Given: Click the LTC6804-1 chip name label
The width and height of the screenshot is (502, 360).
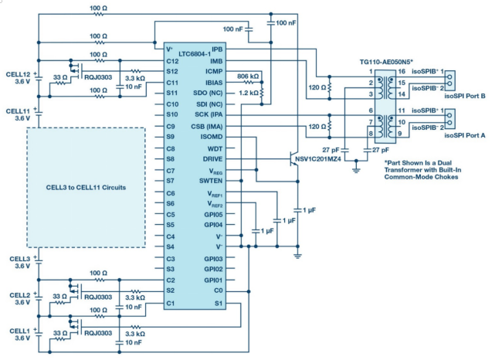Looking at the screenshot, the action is pyautogui.click(x=195, y=54).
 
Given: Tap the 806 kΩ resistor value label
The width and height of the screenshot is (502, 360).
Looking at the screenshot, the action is pyautogui.click(x=248, y=76).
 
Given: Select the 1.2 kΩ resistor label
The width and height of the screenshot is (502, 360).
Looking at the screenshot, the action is pyautogui.click(x=249, y=93).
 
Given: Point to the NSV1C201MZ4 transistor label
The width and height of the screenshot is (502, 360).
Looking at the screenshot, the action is pyautogui.click(x=318, y=159).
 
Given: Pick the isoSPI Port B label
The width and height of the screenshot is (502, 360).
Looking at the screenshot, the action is pyautogui.click(x=464, y=96).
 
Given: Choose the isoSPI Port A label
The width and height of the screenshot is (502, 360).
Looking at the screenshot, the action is pyautogui.click(x=464, y=135).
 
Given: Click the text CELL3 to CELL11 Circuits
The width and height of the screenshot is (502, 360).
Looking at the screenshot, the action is pyautogui.click(x=86, y=188).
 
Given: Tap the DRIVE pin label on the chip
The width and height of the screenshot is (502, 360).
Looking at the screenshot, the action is pyautogui.click(x=212, y=159).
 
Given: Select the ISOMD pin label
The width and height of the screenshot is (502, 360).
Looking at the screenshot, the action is pyautogui.click(x=212, y=137).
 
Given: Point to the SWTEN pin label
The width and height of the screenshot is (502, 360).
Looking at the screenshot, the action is pyautogui.click(x=211, y=181).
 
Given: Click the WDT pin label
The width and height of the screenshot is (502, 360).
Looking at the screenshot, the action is pyautogui.click(x=215, y=148).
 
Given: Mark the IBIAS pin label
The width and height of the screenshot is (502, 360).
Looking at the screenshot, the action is pyautogui.click(x=214, y=83).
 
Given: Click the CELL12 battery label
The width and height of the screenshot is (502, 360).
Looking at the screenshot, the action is pyautogui.click(x=18, y=74).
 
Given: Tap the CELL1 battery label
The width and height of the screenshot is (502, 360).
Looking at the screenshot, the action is pyautogui.click(x=19, y=331).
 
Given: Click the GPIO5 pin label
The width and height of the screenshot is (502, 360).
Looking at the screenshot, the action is pyautogui.click(x=213, y=215).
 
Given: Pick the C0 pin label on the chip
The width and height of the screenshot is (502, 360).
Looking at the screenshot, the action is pyautogui.click(x=218, y=290).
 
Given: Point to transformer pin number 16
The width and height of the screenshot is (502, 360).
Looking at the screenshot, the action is pyautogui.click(x=402, y=71).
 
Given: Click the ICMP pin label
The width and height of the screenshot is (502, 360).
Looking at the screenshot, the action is pyautogui.click(x=214, y=71).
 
